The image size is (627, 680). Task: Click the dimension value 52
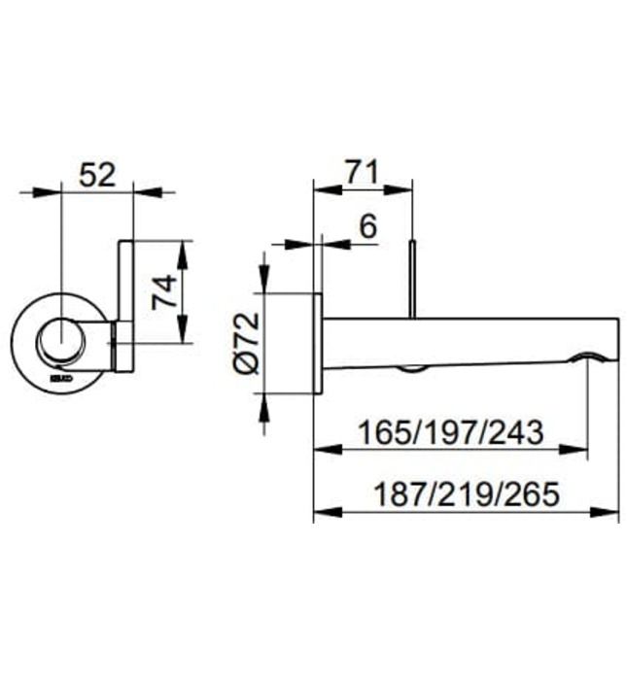[x=97, y=175]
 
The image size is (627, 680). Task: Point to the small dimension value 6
[x=367, y=226]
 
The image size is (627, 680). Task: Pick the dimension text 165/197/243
[x=449, y=430]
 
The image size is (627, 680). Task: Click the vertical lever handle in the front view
[x=125, y=282]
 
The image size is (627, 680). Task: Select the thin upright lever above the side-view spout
[x=414, y=277]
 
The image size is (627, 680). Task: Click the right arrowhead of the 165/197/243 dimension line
[x=580, y=448]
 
